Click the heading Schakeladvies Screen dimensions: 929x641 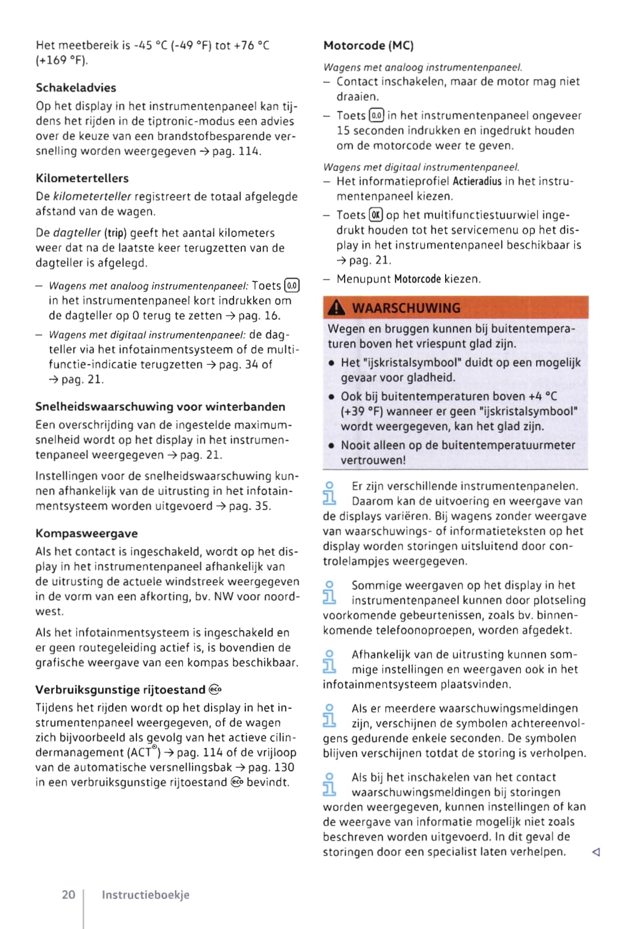pyautogui.click(x=76, y=88)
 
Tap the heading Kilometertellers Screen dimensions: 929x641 pyautogui.click(x=82, y=178)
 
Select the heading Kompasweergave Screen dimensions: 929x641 pyautogui.click(x=86, y=533)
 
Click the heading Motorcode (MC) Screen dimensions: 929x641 pyautogui.click(x=368, y=45)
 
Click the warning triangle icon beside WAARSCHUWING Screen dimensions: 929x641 pyautogui.click(x=336, y=307)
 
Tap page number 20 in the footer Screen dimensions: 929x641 pyautogui.click(x=68, y=894)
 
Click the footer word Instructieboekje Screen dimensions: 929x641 pyautogui.click(x=145, y=895)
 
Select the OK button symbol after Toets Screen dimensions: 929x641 pyautogui.click(x=376, y=215)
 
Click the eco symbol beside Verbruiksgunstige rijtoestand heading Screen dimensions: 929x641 pyautogui.click(x=215, y=689)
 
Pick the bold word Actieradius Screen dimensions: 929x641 pyautogui.click(x=477, y=181)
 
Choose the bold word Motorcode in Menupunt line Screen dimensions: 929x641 pyautogui.click(x=417, y=279)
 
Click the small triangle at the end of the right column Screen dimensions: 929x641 pyautogui.click(x=596, y=852)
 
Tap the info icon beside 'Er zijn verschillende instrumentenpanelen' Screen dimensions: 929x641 pyautogui.click(x=329, y=493)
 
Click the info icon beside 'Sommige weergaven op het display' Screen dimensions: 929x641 pyautogui.click(x=329, y=592)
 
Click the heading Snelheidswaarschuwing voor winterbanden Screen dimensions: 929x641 pyautogui.click(x=160, y=406)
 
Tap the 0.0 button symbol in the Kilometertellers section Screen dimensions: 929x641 pyautogui.click(x=292, y=285)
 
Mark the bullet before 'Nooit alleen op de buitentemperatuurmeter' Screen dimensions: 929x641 pyautogui.click(x=332, y=445)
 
